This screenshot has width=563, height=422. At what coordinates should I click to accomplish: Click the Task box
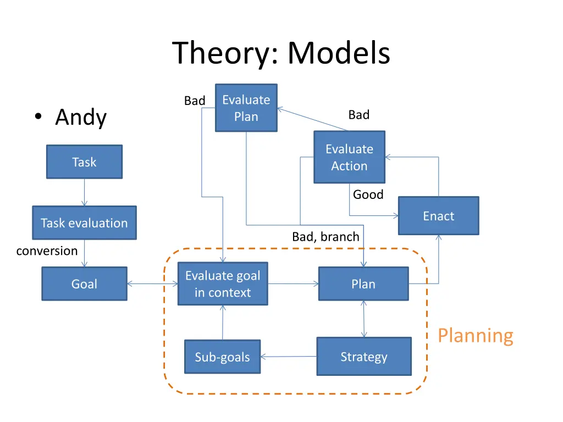click(84, 162)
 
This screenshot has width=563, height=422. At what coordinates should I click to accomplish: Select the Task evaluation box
click(84, 223)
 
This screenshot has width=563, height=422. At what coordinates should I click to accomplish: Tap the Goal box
click(84, 284)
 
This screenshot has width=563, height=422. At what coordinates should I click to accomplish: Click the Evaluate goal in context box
click(223, 284)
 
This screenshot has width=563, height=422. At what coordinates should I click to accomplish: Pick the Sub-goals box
click(222, 357)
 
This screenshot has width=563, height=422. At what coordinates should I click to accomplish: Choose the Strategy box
click(363, 357)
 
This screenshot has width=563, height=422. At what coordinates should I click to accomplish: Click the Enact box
click(438, 216)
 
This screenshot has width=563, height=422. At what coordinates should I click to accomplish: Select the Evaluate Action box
click(349, 157)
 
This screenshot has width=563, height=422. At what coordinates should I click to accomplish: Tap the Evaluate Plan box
click(246, 108)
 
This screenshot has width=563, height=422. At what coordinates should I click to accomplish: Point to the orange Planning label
click(475, 335)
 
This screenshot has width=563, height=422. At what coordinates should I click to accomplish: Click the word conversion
click(47, 251)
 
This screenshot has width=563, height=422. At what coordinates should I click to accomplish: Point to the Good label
click(368, 195)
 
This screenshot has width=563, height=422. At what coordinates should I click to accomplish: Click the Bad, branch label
click(325, 237)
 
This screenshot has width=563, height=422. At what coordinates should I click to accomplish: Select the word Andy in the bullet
click(81, 118)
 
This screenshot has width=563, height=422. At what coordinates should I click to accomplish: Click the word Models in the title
click(339, 54)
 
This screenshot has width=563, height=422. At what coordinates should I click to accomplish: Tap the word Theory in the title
click(226, 54)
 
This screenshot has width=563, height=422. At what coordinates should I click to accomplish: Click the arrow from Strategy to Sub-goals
click(289, 357)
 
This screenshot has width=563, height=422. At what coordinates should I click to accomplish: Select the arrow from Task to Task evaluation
click(84, 192)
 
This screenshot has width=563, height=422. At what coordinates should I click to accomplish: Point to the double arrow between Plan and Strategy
click(363, 319)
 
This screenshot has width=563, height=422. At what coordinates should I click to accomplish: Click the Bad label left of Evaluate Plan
click(194, 101)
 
